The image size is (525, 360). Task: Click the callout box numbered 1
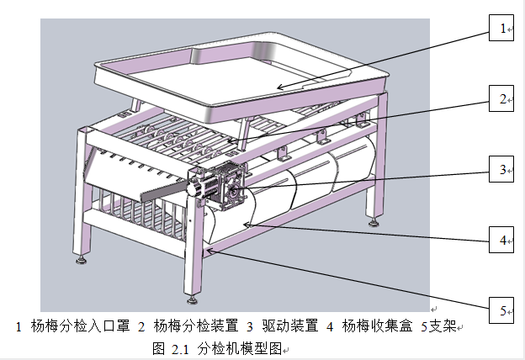pyautogui.click(x=502, y=29)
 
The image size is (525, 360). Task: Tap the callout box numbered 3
pyautogui.click(x=502, y=171)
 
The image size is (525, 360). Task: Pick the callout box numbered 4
pyautogui.click(x=502, y=241)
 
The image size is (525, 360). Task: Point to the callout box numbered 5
pyautogui.click(x=502, y=312)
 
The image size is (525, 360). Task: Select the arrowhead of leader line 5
pyautogui.click(x=205, y=249)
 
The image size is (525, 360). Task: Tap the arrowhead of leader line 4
pyautogui.click(x=245, y=225)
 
